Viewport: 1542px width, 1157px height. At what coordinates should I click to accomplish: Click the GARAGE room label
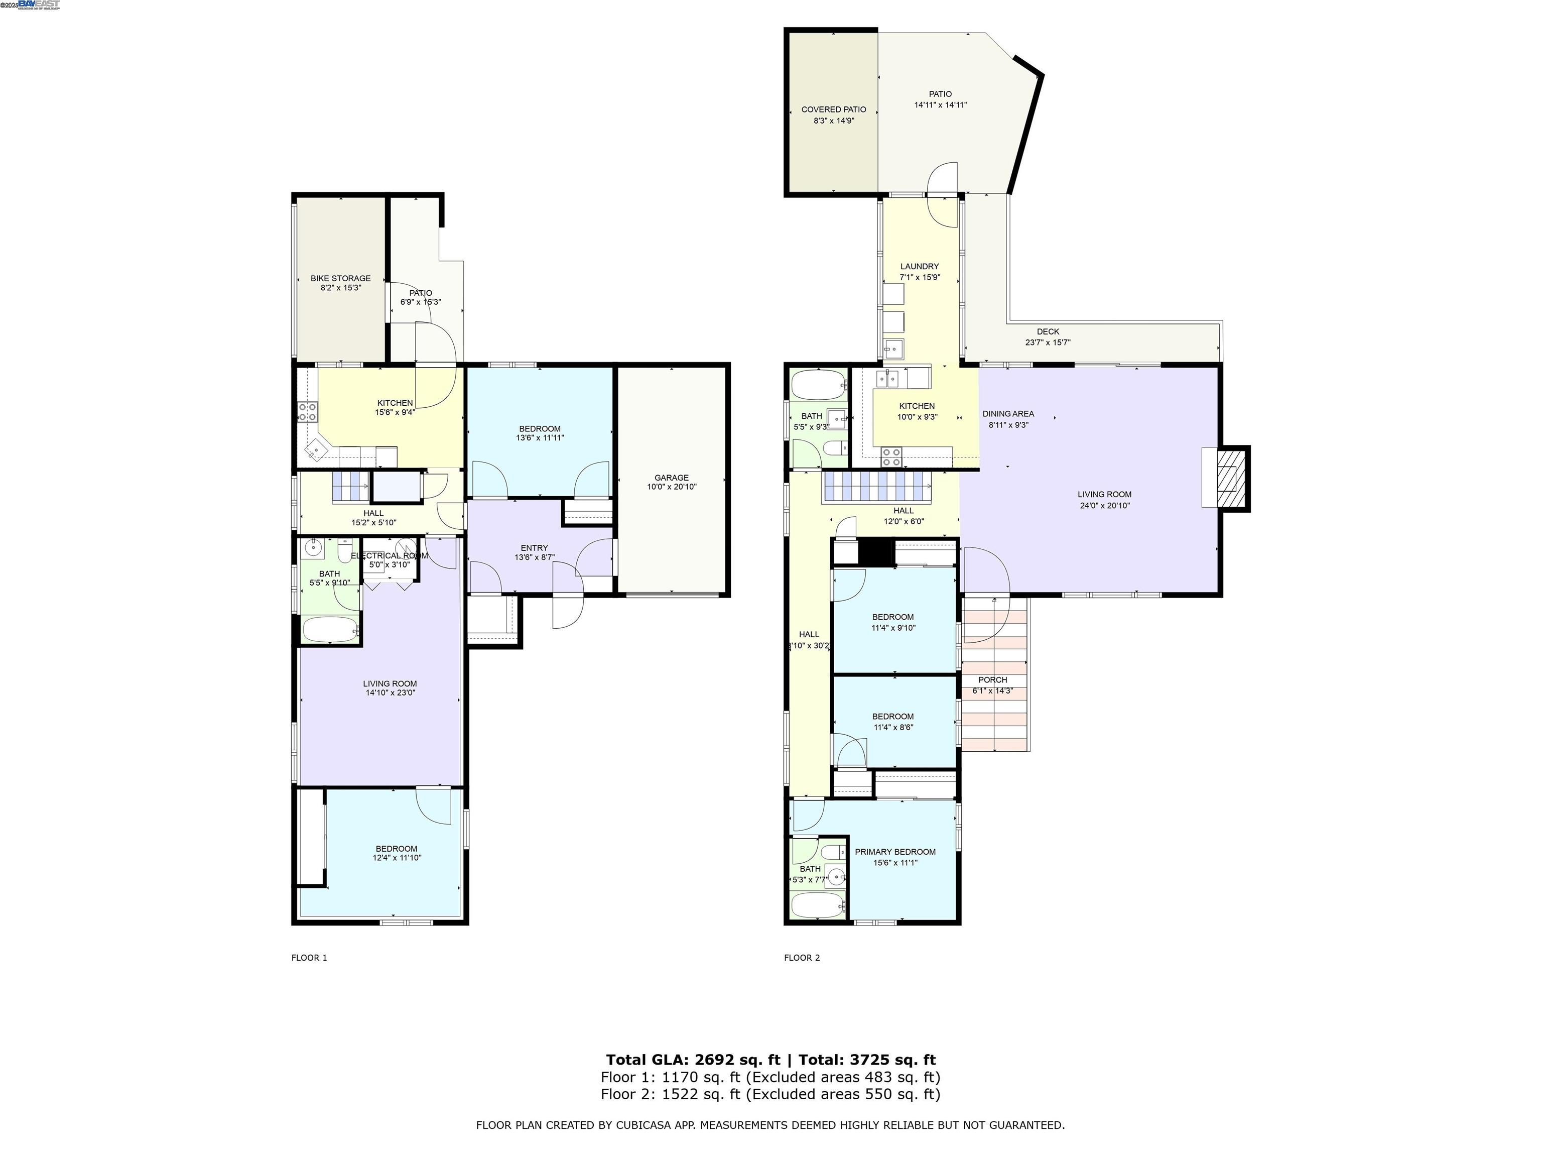[x=671, y=478]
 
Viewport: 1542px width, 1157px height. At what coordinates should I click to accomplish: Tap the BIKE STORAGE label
[x=340, y=278]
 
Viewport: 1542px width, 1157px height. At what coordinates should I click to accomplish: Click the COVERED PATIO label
[x=834, y=109]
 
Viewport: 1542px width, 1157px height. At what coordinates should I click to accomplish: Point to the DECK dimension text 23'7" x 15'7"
[x=1047, y=342]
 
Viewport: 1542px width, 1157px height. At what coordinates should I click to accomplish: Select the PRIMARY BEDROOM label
[x=895, y=852]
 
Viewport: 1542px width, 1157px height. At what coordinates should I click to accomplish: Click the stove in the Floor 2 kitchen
[x=891, y=457]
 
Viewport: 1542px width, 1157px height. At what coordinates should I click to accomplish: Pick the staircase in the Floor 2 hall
[x=877, y=486]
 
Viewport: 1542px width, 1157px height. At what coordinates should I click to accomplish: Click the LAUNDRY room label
[x=920, y=267]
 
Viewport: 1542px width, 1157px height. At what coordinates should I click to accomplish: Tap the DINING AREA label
[x=1008, y=414]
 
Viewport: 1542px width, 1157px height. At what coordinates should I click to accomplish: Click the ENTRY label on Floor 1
[x=534, y=547]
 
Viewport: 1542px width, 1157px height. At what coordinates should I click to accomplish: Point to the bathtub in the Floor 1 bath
[x=330, y=630]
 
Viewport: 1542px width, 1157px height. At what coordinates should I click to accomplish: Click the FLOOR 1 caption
[x=309, y=958]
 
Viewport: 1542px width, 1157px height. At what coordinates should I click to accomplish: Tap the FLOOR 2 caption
[x=802, y=958]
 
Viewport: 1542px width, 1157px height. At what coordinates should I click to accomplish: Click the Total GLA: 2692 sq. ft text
[x=692, y=1060]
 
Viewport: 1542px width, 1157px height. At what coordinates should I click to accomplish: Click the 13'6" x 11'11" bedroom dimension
[x=540, y=438]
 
